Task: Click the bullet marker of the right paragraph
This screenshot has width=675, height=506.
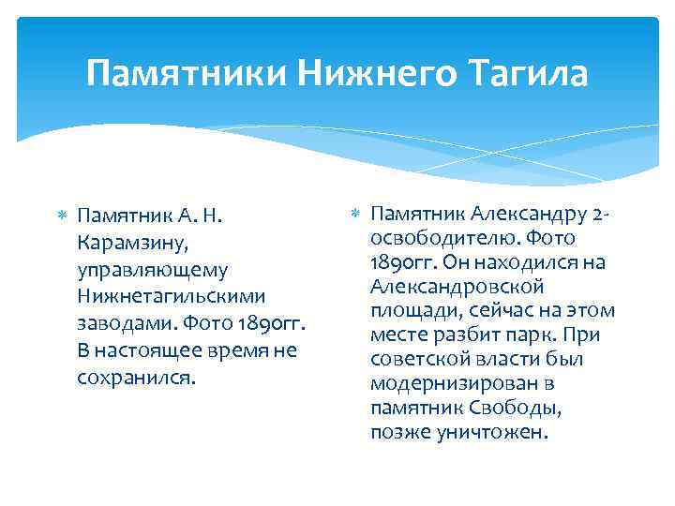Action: pyautogui.click(x=354, y=216)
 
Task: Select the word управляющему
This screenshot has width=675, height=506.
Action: pyautogui.click(x=153, y=270)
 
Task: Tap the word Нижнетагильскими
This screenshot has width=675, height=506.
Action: pyautogui.click(x=172, y=297)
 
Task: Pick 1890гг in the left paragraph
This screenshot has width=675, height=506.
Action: pyautogui.click(x=271, y=324)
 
